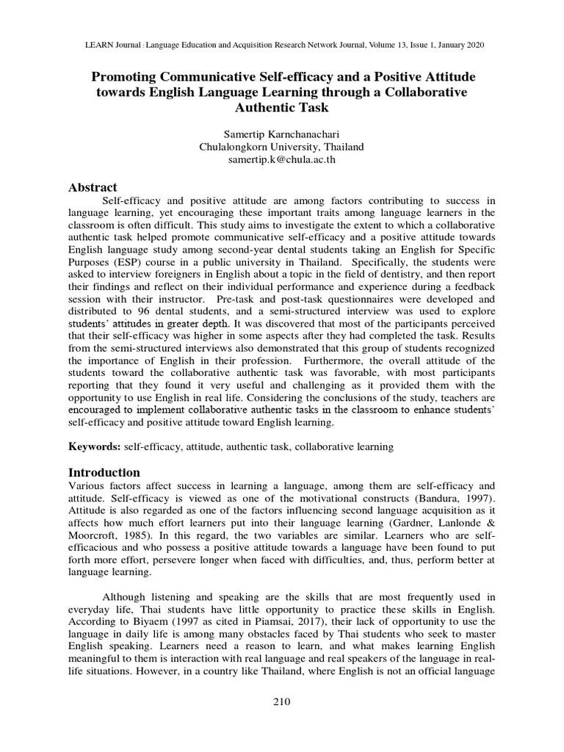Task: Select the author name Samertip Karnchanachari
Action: tap(282, 133)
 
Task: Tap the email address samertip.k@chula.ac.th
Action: tap(282, 159)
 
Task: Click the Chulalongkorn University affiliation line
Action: tap(282, 146)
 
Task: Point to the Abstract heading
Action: tap(93, 187)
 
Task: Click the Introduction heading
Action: tap(104, 471)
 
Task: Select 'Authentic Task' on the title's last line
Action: tap(282, 107)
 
